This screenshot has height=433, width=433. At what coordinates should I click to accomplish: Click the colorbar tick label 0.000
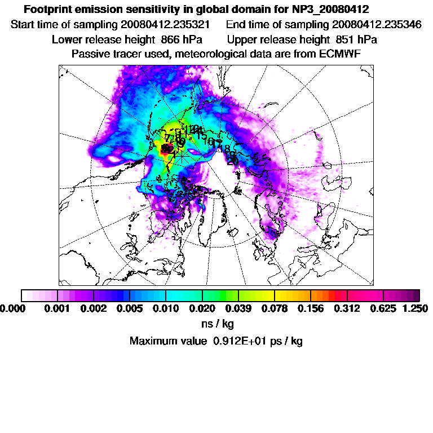pos(12,308)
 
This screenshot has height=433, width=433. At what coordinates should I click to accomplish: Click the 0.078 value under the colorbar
pos(275,308)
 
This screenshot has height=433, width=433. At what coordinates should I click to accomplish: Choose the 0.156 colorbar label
pos(311,308)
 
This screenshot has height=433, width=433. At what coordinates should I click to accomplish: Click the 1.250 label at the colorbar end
pos(416,308)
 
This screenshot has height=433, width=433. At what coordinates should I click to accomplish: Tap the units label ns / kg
pos(218,324)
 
